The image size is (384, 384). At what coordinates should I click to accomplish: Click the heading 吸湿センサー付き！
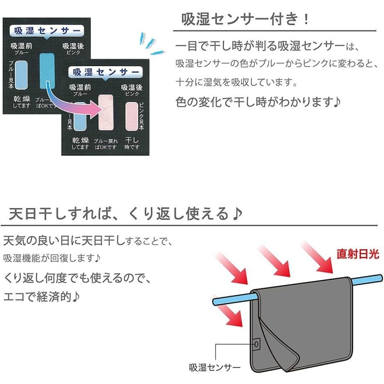coord(246,19)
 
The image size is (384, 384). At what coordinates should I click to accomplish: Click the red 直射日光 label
coord(358,255)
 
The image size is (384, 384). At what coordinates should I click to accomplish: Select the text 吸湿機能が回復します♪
coord(52,259)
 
